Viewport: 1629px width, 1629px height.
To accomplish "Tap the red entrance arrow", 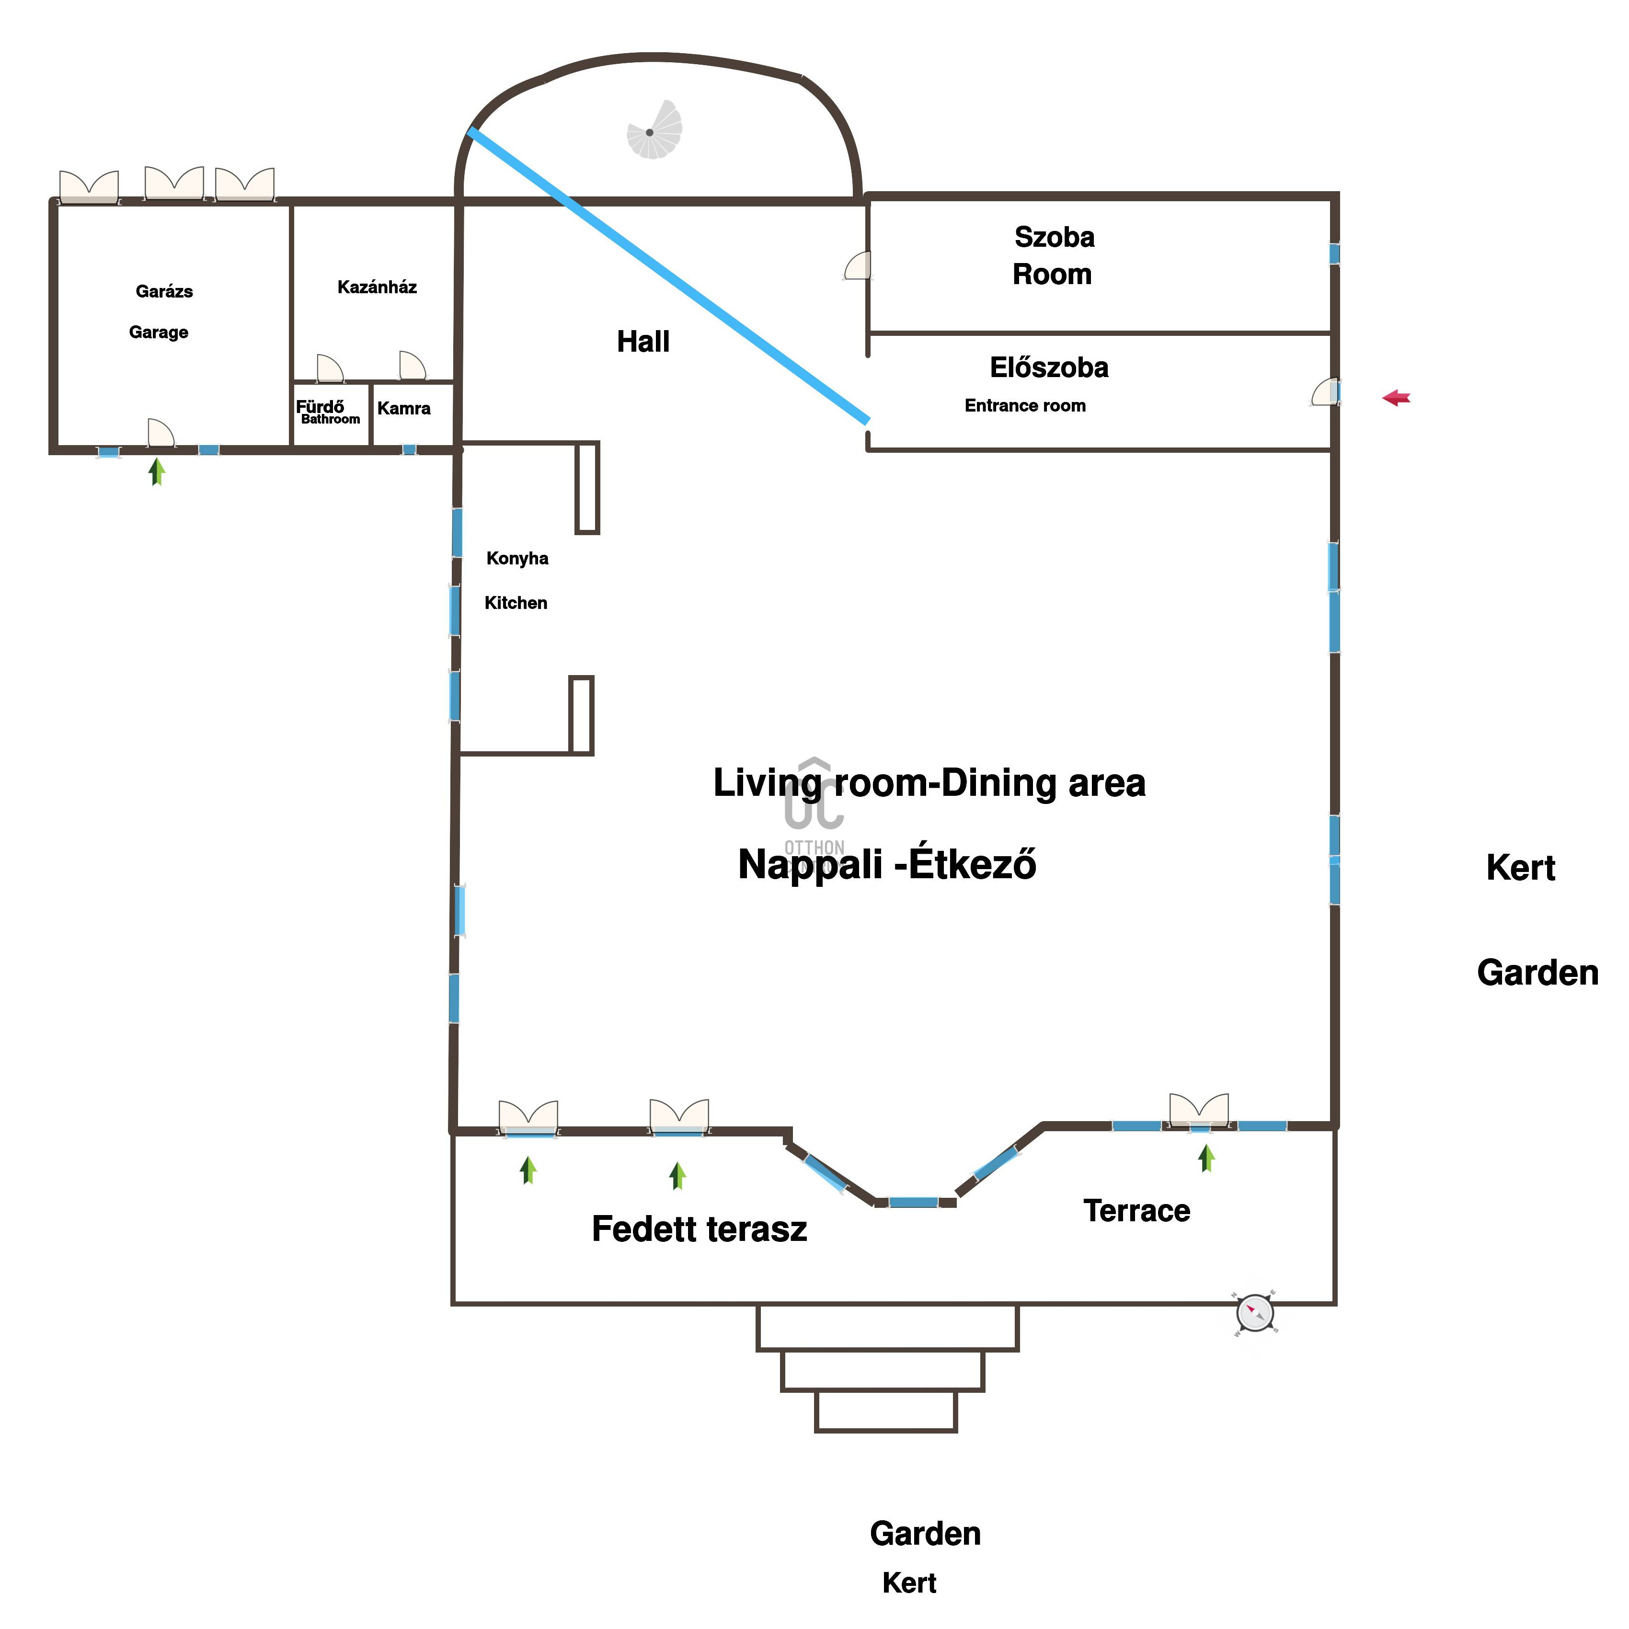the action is pos(1396,398).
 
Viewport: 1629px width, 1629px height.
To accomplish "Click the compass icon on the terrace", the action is pos(1255,1313).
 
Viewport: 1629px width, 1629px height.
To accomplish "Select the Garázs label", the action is pos(164,292).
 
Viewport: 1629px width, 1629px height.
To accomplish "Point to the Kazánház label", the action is pos(377,287).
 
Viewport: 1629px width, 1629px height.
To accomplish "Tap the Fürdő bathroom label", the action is pos(321,406).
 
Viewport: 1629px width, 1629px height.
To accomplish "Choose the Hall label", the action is pos(643,342).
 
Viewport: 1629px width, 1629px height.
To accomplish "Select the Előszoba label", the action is pos(1049,367).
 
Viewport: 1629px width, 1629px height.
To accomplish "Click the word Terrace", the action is pos(1136,1211).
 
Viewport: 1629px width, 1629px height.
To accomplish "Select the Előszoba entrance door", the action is pos(1325,392).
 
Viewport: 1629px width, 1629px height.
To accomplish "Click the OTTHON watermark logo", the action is pos(814,805).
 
